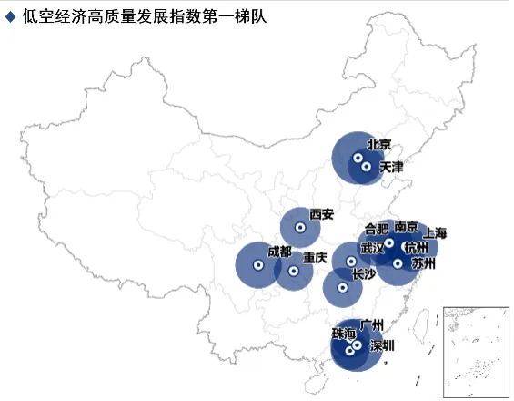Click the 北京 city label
[x=378, y=145]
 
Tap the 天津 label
[x=391, y=168]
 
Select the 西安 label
[x=322, y=215]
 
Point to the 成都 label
[x=280, y=252]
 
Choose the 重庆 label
[x=315, y=258]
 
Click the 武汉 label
[x=372, y=248]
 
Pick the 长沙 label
[x=363, y=273]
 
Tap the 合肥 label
[x=376, y=229]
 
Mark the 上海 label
[x=436, y=233]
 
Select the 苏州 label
[x=423, y=264]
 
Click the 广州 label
[x=372, y=324]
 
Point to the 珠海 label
[x=344, y=334]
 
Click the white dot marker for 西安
[x=299, y=227]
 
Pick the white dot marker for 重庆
[x=293, y=271]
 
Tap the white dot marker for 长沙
[x=343, y=288]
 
